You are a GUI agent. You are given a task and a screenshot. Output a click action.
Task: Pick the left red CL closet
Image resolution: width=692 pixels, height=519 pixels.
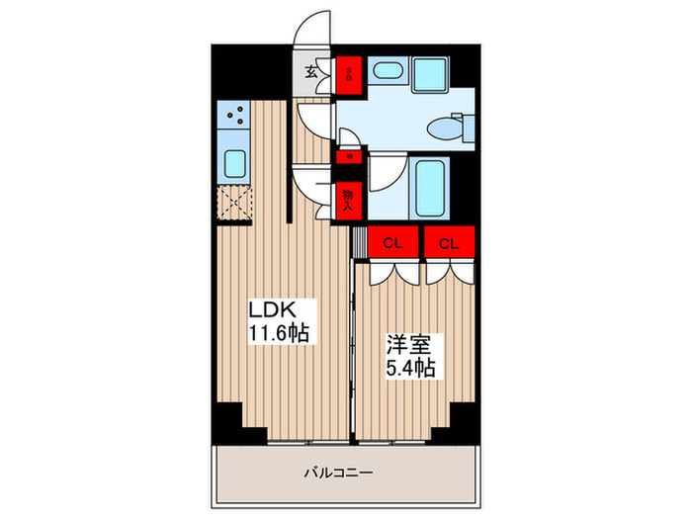tap(393, 242)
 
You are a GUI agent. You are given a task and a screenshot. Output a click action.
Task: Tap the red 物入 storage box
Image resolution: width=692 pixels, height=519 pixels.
tap(348, 201)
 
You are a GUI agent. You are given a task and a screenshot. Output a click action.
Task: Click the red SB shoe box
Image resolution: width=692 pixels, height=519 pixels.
tap(348, 71)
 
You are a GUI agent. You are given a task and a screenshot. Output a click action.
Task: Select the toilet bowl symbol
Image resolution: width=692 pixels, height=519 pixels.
tap(446, 128)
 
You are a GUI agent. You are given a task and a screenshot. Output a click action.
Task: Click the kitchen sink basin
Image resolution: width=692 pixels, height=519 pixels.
tap(234, 162)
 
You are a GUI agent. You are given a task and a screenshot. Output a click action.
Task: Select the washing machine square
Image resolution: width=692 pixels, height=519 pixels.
tap(430, 74)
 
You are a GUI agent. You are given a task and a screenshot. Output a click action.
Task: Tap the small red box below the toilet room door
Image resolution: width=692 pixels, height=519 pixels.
tap(348, 155)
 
